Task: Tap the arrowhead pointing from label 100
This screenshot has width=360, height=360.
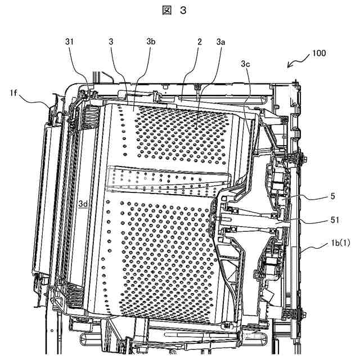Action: pyautogui.click(x=290, y=65)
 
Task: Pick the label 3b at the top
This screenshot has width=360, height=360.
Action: pyautogui.click(x=151, y=42)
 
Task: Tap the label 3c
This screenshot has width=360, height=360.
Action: pyautogui.click(x=245, y=65)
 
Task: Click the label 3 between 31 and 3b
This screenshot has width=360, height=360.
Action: pyautogui.click(x=112, y=42)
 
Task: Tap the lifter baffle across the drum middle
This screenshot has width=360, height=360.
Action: pyautogui.click(x=169, y=180)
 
